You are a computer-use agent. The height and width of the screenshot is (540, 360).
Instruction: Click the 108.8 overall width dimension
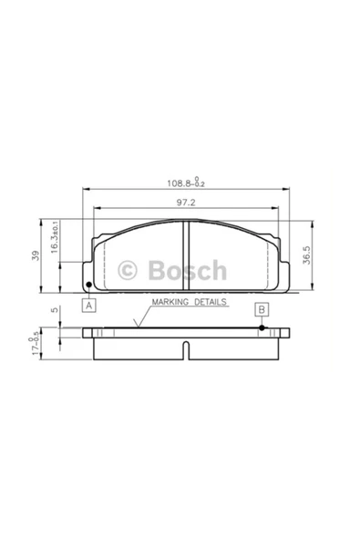[x=186, y=182]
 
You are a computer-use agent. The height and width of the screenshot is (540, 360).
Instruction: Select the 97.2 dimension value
[x=186, y=202]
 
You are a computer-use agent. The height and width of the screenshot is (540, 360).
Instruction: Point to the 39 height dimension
[x=36, y=255]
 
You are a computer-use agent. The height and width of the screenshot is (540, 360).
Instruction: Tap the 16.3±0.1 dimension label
[x=55, y=237]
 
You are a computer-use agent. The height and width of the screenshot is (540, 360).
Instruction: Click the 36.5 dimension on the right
[x=306, y=254]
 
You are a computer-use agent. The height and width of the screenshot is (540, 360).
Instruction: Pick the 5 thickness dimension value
[x=55, y=309]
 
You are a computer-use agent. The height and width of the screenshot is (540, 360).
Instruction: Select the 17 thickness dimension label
[x=35, y=346]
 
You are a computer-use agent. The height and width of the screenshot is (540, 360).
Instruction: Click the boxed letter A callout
[x=88, y=306]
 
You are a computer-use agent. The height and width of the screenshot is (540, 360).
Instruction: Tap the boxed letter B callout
[x=262, y=309]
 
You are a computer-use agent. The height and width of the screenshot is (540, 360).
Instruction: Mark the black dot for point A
[x=88, y=285]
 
